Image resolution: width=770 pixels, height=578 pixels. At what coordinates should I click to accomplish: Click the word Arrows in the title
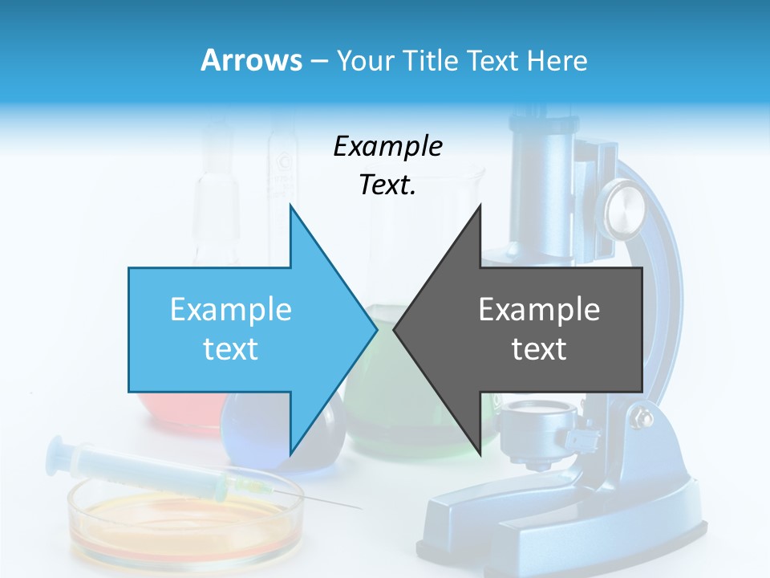click(251, 60)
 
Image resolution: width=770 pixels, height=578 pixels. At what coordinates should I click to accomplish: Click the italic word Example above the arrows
click(387, 146)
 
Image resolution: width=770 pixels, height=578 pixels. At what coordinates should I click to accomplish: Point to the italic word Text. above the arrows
click(387, 185)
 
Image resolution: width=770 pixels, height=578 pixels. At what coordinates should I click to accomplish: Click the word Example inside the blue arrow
click(231, 309)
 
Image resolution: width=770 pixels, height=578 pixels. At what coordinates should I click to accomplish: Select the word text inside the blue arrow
click(231, 349)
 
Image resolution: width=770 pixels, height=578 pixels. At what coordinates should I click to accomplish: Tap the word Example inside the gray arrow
click(539, 309)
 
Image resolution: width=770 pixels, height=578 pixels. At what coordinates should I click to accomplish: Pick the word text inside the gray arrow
click(539, 349)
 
